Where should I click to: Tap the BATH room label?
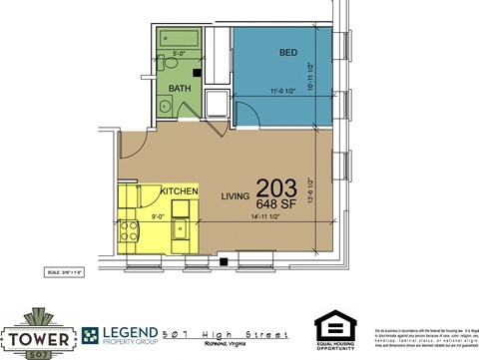(x=180, y=88)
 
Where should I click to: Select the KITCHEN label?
(x=179, y=190)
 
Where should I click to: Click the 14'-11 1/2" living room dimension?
(x=270, y=216)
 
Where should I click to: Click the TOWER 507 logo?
(x=38, y=332)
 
